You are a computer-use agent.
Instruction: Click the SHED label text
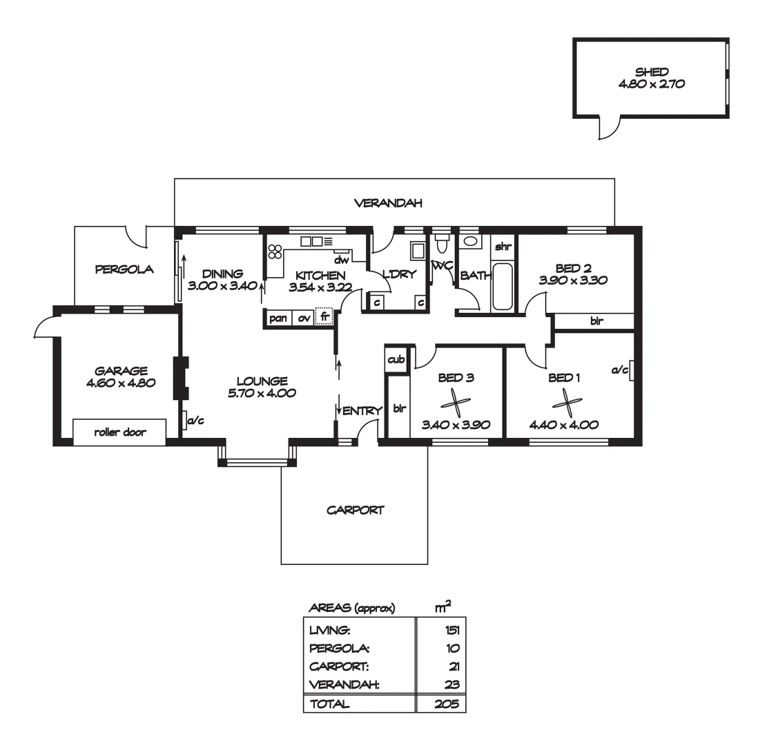pos(651,72)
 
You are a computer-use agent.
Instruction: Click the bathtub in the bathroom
pos(502,286)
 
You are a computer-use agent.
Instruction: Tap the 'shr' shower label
pos(503,245)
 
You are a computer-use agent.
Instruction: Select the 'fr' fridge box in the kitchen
pos(324,317)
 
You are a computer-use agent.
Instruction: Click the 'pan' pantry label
pos(279,318)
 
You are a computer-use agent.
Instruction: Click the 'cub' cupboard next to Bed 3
pos(396,360)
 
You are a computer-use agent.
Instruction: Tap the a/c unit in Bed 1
pos(630,371)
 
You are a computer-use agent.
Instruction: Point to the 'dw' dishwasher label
pos(340,260)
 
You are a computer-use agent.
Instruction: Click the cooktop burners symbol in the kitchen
pos(275,252)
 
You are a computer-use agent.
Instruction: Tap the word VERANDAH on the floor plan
pos(387,203)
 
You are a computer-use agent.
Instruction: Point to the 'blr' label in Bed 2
pos(595,321)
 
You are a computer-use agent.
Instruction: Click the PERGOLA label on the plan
pos(124,270)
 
